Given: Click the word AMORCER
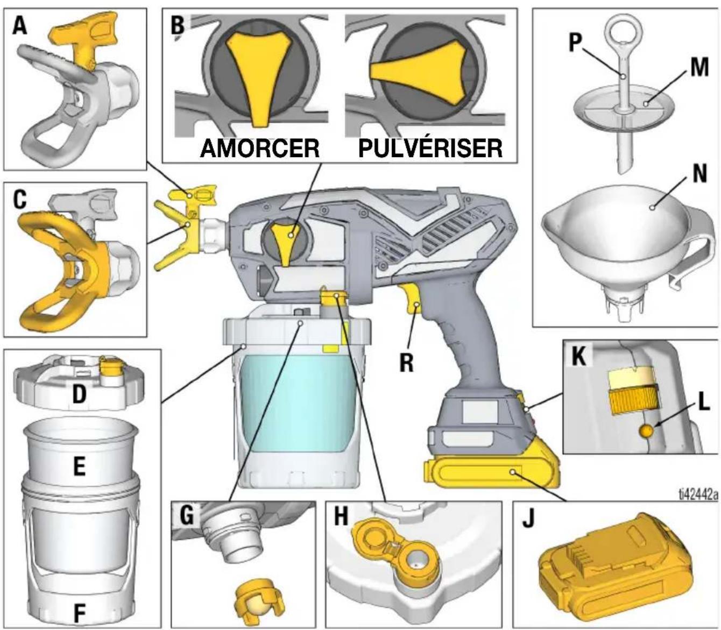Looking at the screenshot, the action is coord(260,148).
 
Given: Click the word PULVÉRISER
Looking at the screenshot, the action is coord(430,148).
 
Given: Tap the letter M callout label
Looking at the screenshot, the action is coord(699,68).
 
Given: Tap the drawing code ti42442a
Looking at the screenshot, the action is coord(692,494).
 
